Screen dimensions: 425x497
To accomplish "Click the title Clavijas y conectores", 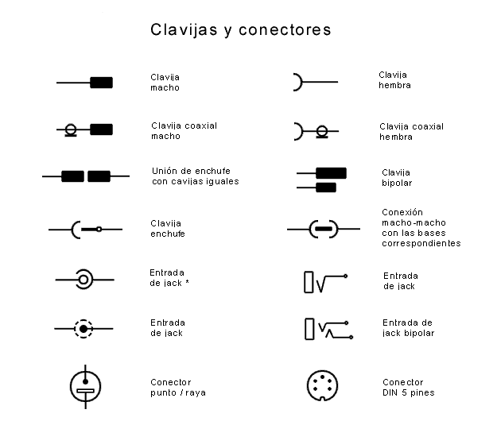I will [x=241, y=30].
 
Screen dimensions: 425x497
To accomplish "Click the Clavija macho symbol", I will [x=84, y=83].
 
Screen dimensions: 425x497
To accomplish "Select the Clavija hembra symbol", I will [x=315, y=82].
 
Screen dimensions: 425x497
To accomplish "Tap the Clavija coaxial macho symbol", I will [x=84, y=129].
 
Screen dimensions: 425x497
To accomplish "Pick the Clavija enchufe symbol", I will [x=85, y=230].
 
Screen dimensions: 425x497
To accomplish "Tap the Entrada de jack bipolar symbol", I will [x=326, y=328].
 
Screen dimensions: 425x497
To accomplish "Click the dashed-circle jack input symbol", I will [x=83, y=327].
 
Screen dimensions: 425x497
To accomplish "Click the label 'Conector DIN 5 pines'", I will [x=408, y=387].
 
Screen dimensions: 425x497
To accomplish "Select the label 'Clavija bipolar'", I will [x=396, y=177].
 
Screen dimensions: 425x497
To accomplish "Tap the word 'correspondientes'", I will [x=421, y=243].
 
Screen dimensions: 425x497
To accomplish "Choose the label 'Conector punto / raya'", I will [x=177, y=387].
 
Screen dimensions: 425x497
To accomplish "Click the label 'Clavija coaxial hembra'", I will [x=411, y=131].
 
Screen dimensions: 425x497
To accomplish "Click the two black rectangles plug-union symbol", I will [x=86, y=176].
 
